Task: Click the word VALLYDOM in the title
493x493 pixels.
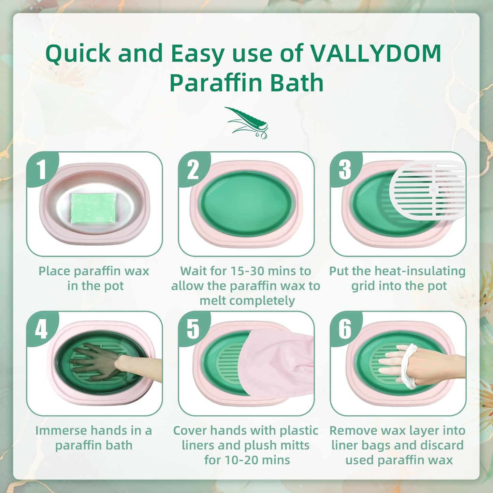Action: pyautogui.click(x=376, y=54)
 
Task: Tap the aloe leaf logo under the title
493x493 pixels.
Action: pyautogui.click(x=247, y=122)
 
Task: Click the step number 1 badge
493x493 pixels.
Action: pyautogui.click(x=41, y=169)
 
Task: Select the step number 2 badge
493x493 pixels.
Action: pyautogui.click(x=193, y=169)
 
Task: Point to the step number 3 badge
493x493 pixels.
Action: pyautogui.click(x=345, y=169)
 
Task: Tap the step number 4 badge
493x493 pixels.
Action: pyautogui.click(x=41, y=329)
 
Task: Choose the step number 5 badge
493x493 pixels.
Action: pyautogui.click(x=193, y=329)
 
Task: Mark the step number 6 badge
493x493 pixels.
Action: pyautogui.click(x=345, y=329)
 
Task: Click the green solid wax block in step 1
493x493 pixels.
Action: pyautogui.click(x=93, y=208)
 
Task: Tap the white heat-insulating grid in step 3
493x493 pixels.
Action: pyautogui.click(x=428, y=189)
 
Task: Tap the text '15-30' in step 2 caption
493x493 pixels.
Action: pyautogui.click(x=247, y=271)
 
